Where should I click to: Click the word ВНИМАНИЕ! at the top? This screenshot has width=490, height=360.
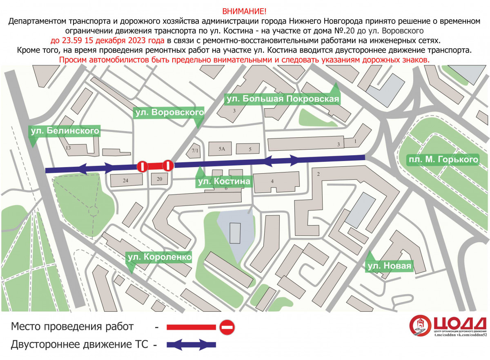pyautogui.click(x=245, y=11)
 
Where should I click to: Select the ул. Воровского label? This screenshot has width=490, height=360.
pyautogui.click(x=169, y=112)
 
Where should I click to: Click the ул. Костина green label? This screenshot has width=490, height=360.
pyautogui.click(x=223, y=181)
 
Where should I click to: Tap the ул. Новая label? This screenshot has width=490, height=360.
pyautogui.click(x=388, y=266)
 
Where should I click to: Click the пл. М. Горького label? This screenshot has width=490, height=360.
pyautogui.click(x=443, y=159)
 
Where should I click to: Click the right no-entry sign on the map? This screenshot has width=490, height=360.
pyautogui.click(x=168, y=165)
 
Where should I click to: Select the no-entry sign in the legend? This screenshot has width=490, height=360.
pyautogui.click(x=227, y=327)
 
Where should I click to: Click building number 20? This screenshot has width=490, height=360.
pyautogui.click(x=159, y=179)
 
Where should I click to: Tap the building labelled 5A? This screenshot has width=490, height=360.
pyautogui.click(x=221, y=149)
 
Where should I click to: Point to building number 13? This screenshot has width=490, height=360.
pyautogui.click(x=68, y=148)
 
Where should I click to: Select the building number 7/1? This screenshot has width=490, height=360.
pyautogui.click(x=195, y=151)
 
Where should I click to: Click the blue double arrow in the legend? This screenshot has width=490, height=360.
pyautogui.click(x=191, y=344)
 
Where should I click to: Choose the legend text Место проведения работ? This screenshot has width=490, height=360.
pyautogui.click(x=72, y=327)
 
